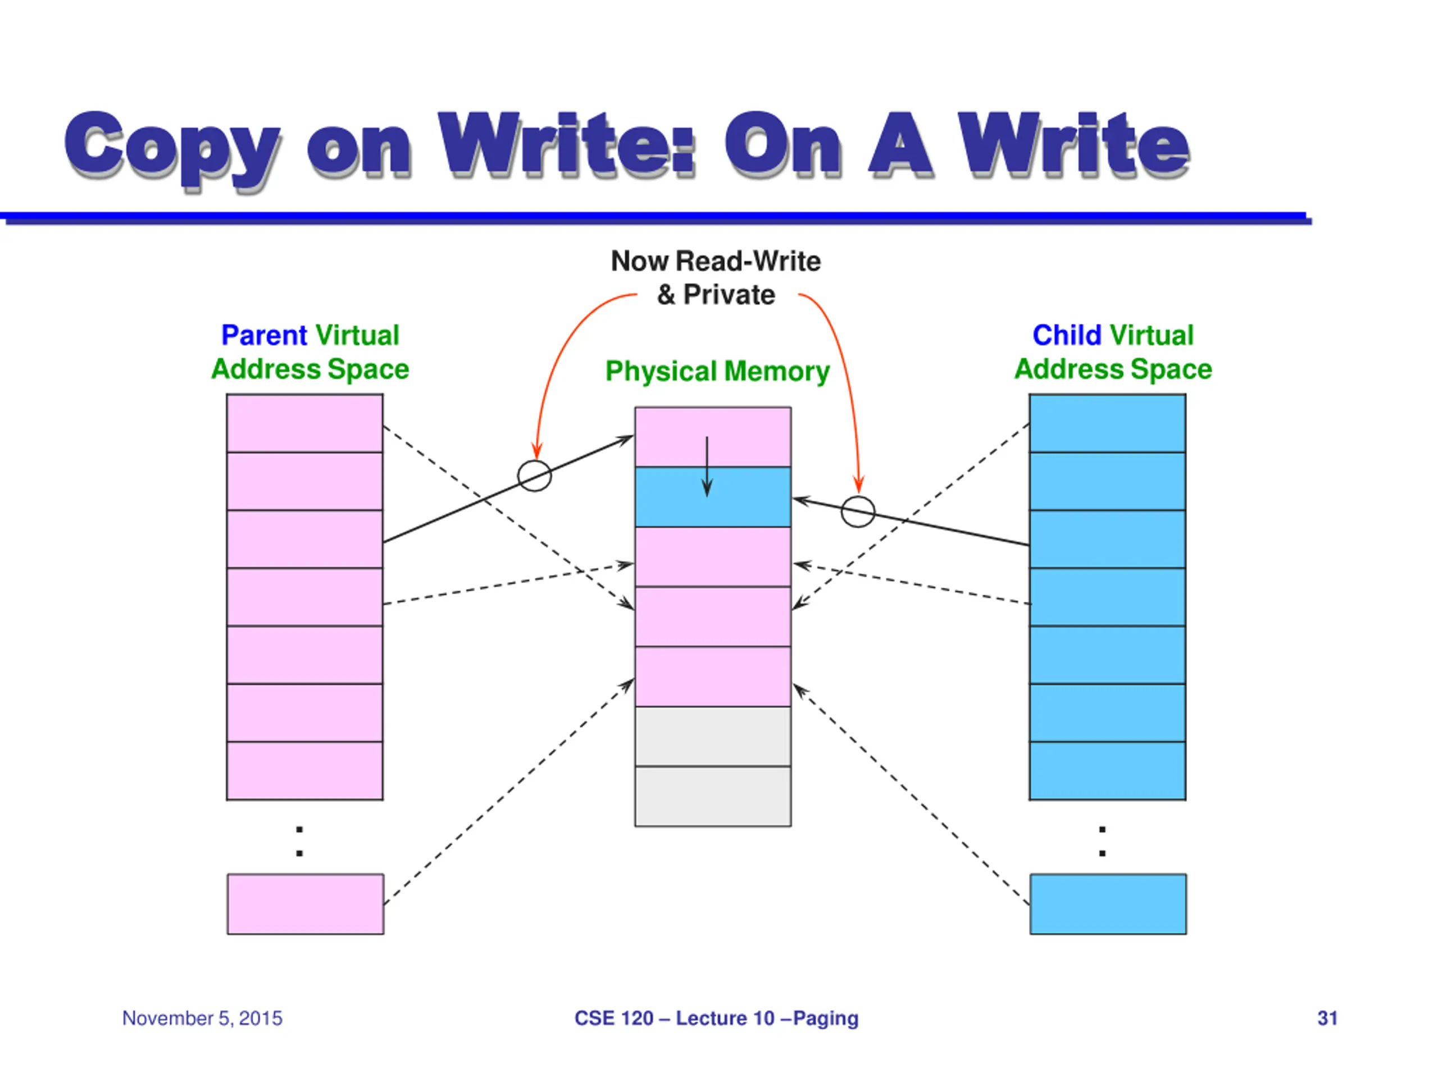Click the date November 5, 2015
click(x=202, y=1018)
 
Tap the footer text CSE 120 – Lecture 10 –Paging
click(x=716, y=1018)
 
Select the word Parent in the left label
click(x=264, y=335)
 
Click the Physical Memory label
click(x=718, y=372)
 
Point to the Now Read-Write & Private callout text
click(x=716, y=278)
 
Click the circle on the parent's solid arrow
click(x=534, y=476)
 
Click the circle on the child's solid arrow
click(x=858, y=511)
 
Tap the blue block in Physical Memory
click(x=713, y=497)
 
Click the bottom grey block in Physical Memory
click(x=713, y=797)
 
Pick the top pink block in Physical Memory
click(x=713, y=437)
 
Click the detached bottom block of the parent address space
click(x=306, y=905)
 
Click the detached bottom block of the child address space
click(x=1108, y=905)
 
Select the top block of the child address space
click(x=1108, y=423)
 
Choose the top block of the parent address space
click(x=305, y=423)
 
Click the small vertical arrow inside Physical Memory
click(x=707, y=467)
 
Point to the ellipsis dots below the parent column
click(x=300, y=842)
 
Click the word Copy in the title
click(x=173, y=148)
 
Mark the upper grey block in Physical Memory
click(x=713, y=737)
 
